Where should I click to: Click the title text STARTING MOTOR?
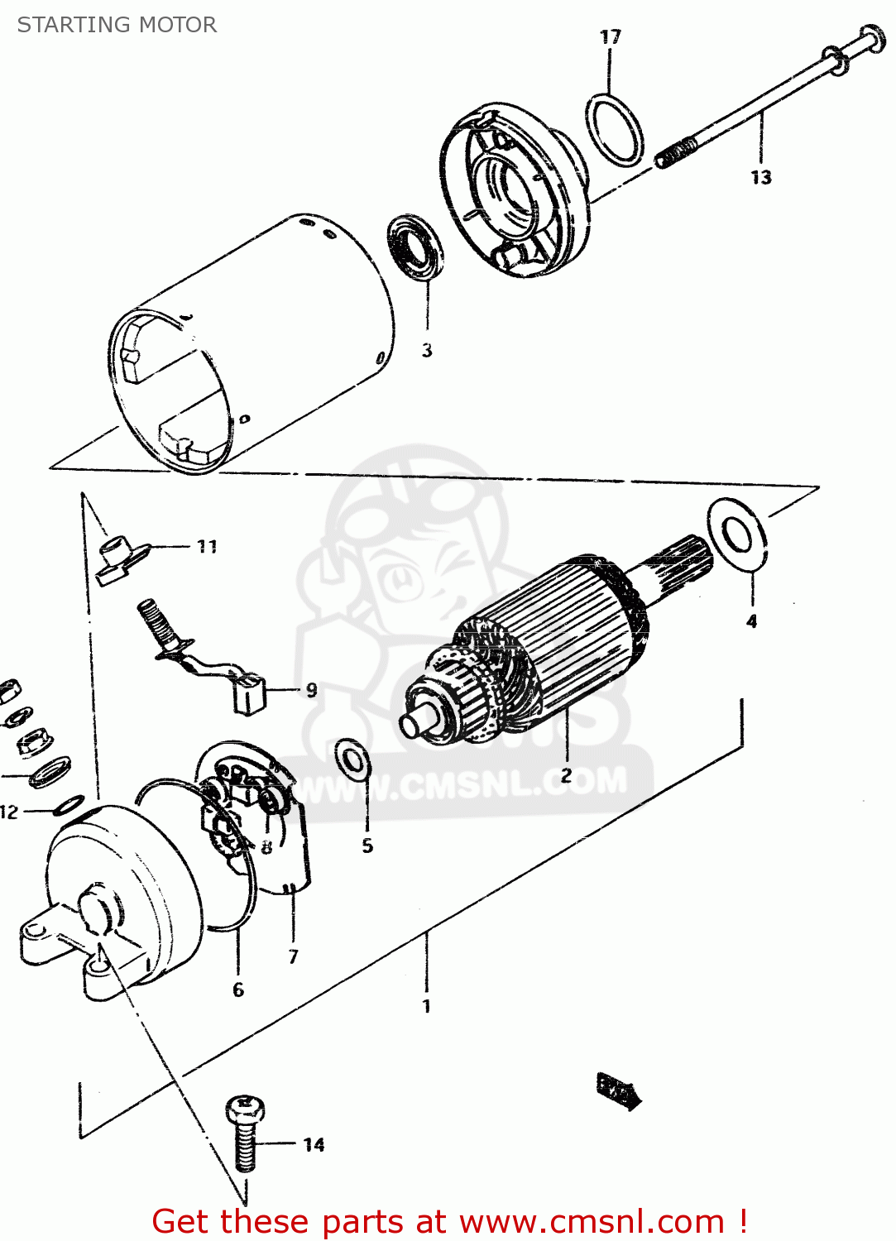click(x=117, y=25)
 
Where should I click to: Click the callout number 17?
click(x=611, y=37)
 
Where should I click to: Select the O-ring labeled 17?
click(x=615, y=130)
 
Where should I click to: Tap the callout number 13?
click(x=760, y=177)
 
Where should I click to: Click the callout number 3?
click(x=427, y=350)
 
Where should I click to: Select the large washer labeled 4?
click(x=736, y=535)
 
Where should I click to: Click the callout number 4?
click(x=751, y=620)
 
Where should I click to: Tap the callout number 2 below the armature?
click(x=566, y=775)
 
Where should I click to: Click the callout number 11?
click(x=207, y=546)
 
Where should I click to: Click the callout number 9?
click(x=311, y=689)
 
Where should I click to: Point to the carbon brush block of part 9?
click(x=249, y=694)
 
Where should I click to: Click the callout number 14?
click(x=314, y=1145)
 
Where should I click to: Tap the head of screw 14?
click(x=245, y=1109)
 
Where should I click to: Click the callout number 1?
click(x=426, y=1006)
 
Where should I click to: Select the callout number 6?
click(x=238, y=989)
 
